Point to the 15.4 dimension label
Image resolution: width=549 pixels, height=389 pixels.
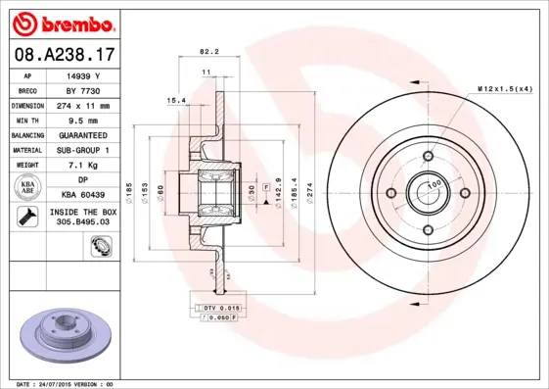pos(177,100)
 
